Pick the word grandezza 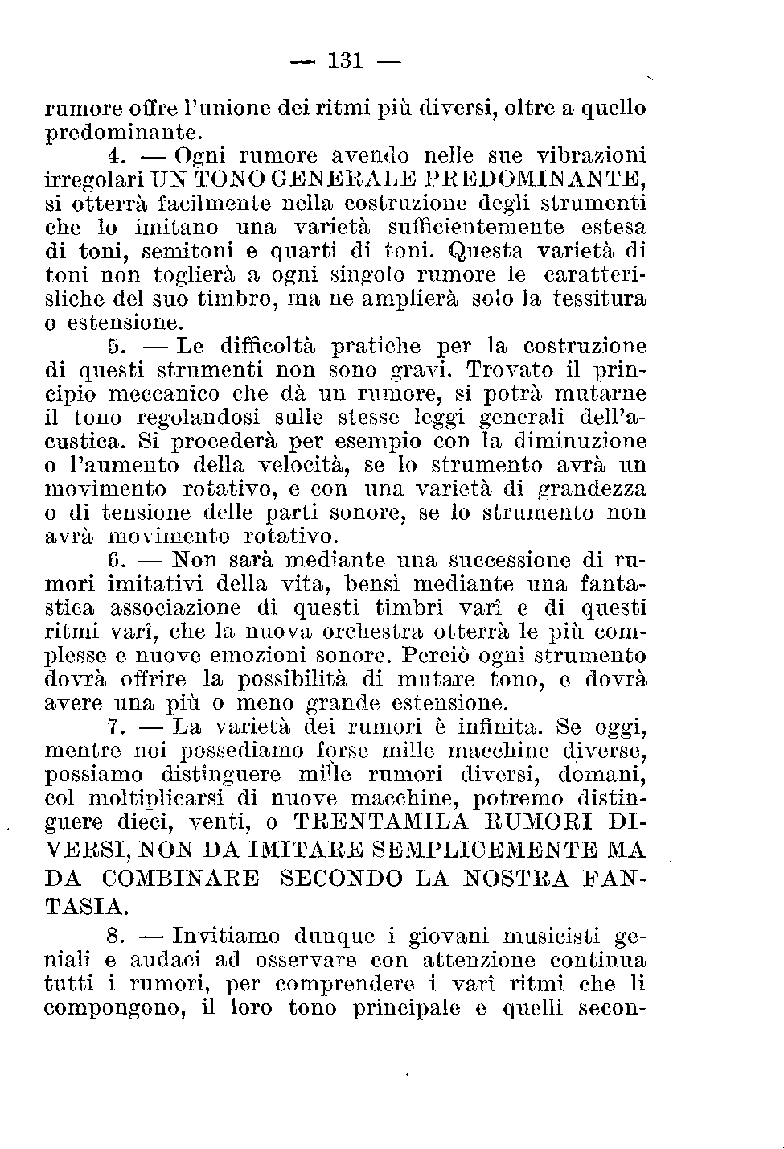tap(593, 489)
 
